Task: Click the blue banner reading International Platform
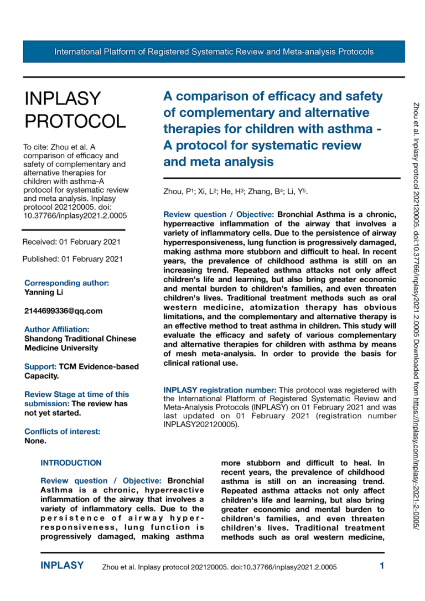pos(214,52)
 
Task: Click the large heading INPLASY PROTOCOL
pos(74,110)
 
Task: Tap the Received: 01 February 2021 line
pos(71,242)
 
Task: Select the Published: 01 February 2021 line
pos(72,259)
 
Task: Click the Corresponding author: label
pos(66,283)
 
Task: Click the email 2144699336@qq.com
pos(63,310)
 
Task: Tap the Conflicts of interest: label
pos(62,432)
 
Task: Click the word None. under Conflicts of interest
pos(35,441)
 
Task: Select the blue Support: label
pos(41,367)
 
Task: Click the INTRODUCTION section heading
pos(71,463)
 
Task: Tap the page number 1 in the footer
pos(382,566)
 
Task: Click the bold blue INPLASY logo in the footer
pos(63,566)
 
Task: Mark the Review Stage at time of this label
pos(77,395)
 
